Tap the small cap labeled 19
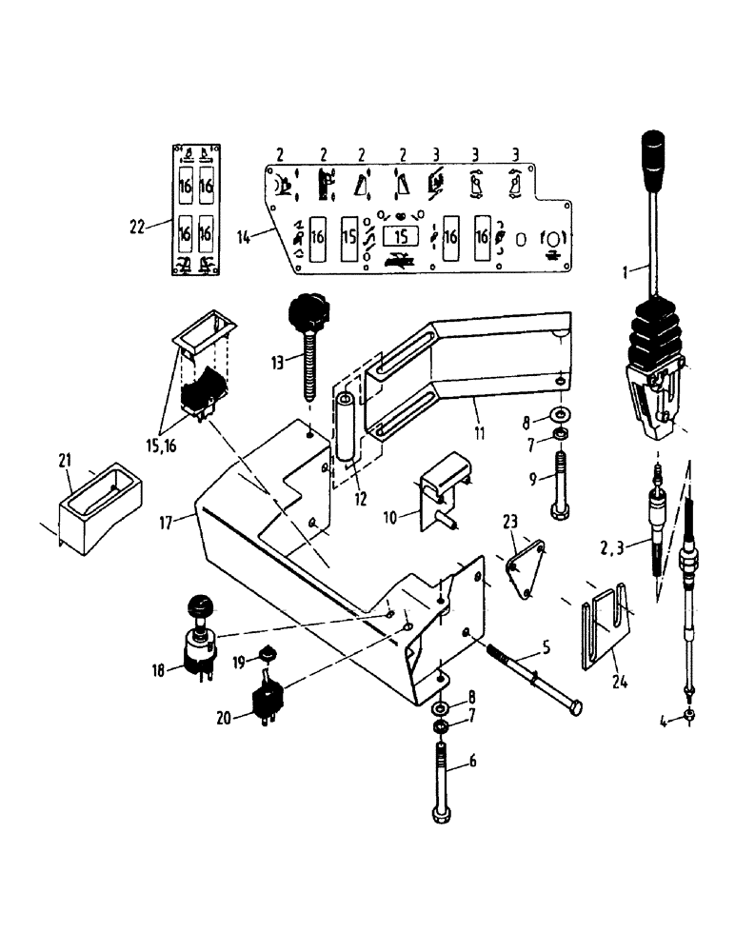(x=268, y=654)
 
